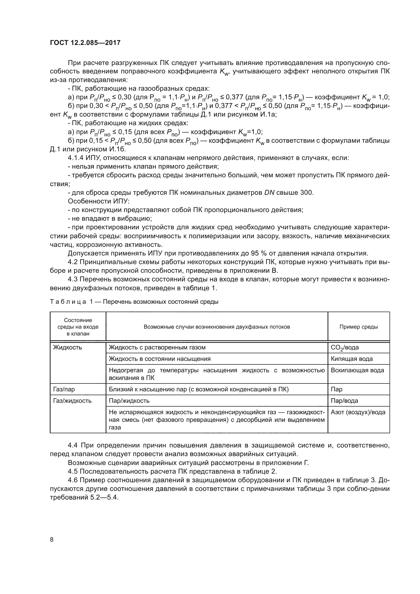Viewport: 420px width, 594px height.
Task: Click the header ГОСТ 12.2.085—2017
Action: [x=85, y=43]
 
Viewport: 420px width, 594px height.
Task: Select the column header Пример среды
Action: [x=359, y=327]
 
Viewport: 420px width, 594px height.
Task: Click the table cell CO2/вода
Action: [x=345, y=347]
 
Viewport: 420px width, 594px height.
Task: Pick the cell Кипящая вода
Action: [x=351, y=359]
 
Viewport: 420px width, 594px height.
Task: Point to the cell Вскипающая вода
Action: [x=357, y=370]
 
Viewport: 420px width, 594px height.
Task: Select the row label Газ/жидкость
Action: [x=72, y=401]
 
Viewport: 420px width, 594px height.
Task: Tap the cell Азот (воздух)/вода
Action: [x=358, y=412]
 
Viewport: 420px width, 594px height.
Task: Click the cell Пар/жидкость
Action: [x=129, y=401]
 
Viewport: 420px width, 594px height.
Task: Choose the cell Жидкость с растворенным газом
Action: [x=157, y=347]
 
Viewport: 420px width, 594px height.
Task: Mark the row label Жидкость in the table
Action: [x=67, y=347]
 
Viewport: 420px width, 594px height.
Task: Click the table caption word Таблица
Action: [x=68, y=302]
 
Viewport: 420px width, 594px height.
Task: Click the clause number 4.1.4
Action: [x=75, y=158]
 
